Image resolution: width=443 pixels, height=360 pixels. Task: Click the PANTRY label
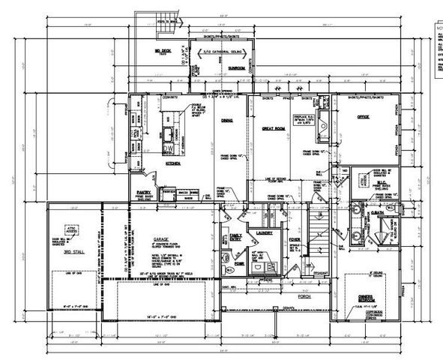pos(144,172)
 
